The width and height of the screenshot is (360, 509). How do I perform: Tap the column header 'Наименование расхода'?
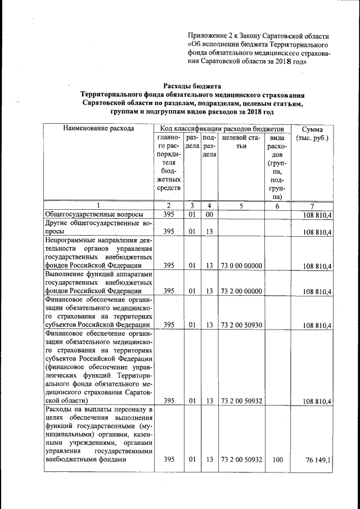[98, 128]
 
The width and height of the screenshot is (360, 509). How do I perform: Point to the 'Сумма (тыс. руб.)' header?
[315, 133]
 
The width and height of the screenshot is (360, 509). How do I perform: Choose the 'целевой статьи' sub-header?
[240, 141]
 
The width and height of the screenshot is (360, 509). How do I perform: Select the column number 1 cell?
[98, 205]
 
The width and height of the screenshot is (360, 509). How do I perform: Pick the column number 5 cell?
[240, 205]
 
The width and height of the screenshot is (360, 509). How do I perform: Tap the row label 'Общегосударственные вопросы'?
[94, 214]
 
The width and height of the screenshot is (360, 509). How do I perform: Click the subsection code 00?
[209, 214]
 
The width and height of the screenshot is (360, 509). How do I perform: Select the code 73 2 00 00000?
[241, 291]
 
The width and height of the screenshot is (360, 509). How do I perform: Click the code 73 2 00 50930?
[241, 325]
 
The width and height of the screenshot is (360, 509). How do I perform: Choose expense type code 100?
[277, 460]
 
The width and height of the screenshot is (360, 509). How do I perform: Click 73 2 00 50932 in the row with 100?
[241, 460]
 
